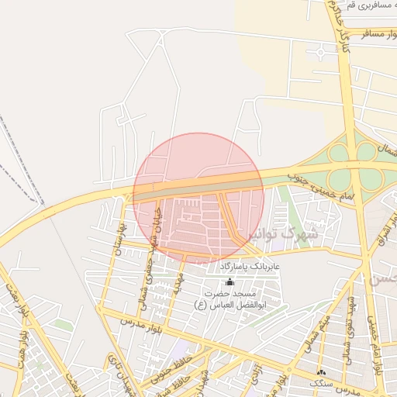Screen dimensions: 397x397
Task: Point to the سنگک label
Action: point(319,383)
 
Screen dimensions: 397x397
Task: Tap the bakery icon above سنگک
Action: point(321,373)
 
